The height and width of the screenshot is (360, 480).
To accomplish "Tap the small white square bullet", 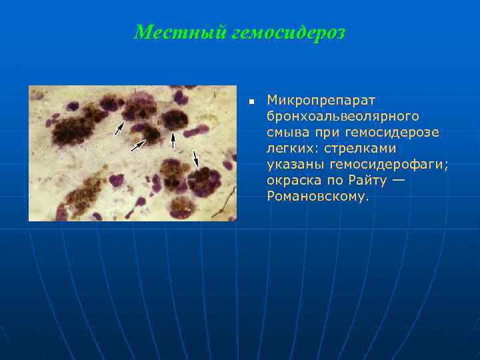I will (x=251, y=102).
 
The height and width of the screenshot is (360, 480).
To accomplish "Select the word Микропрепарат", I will (x=321, y=100).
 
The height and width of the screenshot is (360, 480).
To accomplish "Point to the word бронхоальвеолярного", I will (x=343, y=116).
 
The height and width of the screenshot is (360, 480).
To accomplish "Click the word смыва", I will (x=287, y=132).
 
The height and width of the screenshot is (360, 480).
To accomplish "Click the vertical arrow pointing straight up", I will (x=173, y=140).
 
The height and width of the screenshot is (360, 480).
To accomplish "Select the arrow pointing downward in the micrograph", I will (x=195, y=158).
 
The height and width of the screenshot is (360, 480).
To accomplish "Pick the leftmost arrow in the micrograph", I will (x=118, y=128).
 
